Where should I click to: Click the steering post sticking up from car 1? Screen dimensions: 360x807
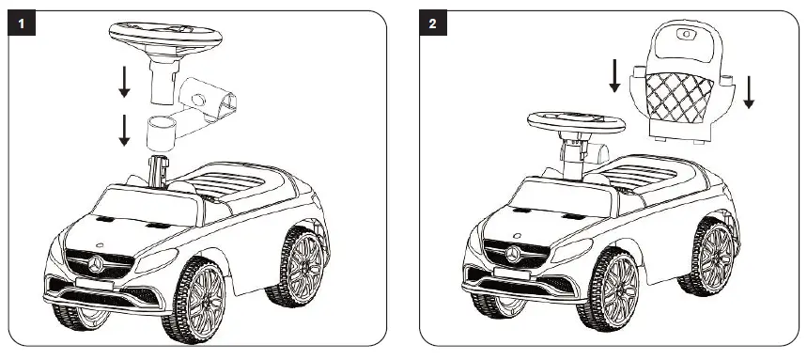[161, 175]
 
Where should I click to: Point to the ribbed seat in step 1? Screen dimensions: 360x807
[229, 183]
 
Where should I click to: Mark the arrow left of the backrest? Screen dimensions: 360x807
[614, 76]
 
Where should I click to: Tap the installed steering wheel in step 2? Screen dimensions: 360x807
[576, 123]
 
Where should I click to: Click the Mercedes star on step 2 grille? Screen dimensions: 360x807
[513, 255]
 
